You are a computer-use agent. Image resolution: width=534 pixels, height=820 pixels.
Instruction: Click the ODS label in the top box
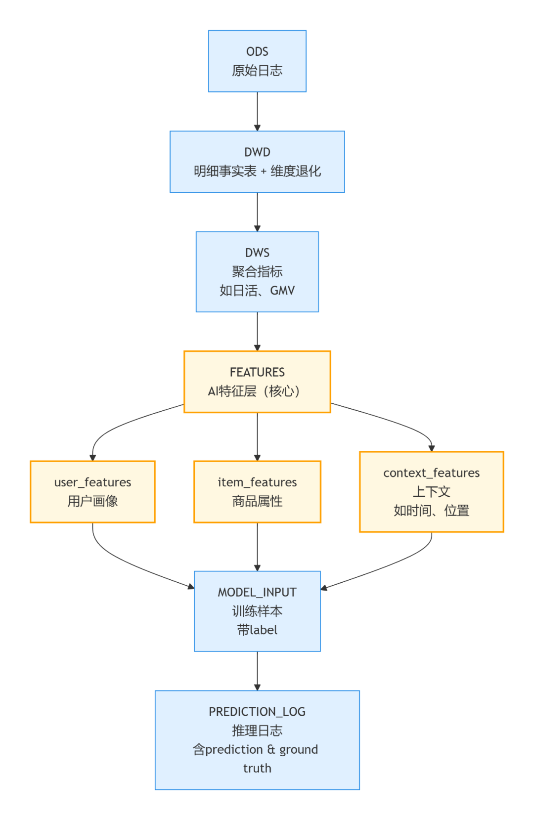[257, 51]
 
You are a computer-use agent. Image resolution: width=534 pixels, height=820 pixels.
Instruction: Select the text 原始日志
[257, 71]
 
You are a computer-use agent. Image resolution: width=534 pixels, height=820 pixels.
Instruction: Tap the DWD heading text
[257, 152]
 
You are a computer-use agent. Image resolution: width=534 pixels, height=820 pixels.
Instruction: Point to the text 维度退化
[296, 172]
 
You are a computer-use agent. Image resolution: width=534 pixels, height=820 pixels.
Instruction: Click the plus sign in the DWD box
[264, 172]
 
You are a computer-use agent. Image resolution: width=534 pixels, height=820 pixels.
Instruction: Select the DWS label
[257, 253]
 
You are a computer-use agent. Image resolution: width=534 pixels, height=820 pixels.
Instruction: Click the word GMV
[282, 291]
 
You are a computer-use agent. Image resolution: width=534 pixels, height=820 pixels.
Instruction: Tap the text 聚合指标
[257, 271]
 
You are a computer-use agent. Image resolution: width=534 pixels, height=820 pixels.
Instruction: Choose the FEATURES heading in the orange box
[257, 372]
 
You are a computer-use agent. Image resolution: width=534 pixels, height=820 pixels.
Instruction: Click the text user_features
[92, 482]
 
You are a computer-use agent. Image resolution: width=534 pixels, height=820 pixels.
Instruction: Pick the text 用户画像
[92, 501]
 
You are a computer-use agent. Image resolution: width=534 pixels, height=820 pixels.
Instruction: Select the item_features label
[257, 482]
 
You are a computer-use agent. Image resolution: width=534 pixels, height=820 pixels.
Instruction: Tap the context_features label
[431, 473]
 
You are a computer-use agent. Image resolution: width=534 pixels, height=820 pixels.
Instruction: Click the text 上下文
[431, 492]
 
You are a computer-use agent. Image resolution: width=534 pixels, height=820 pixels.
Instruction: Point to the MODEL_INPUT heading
[257, 592]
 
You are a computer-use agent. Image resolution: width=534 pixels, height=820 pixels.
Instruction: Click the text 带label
[257, 630]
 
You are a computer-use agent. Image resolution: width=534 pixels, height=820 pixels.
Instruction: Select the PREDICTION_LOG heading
[257, 712]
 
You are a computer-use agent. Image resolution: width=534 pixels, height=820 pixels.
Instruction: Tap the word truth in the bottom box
[257, 769]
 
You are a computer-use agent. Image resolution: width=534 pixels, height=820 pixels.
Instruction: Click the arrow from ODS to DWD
[257, 111]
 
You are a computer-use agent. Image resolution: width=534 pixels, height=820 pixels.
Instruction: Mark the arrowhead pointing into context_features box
[431, 448]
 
